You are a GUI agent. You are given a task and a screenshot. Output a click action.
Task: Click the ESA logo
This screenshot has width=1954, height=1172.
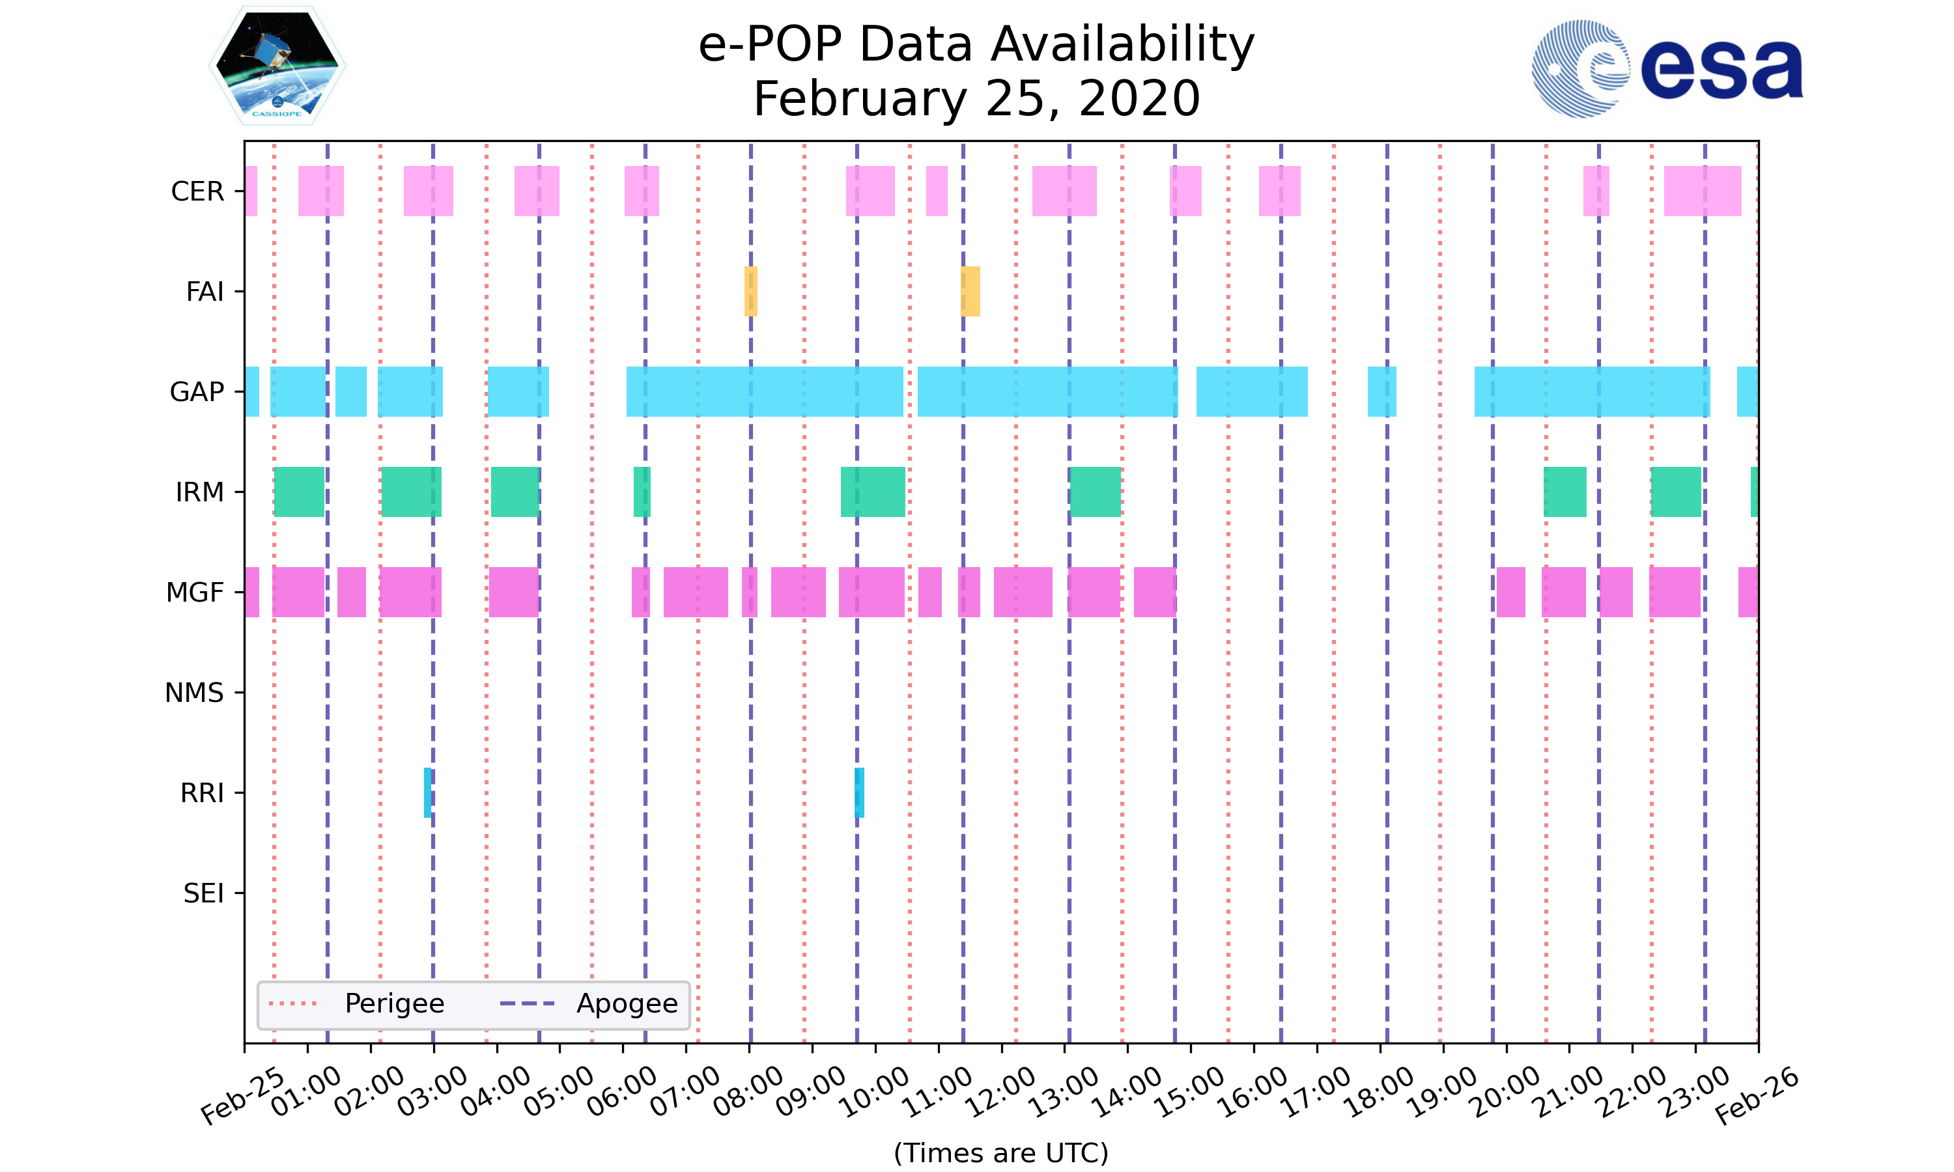(x=1667, y=69)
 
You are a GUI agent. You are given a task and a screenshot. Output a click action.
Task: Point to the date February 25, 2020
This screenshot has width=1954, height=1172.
(x=976, y=99)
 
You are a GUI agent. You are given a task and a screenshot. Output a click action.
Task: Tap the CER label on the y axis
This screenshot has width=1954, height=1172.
(x=197, y=191)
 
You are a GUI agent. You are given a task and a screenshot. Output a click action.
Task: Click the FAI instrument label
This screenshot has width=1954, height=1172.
(x=205, y=292)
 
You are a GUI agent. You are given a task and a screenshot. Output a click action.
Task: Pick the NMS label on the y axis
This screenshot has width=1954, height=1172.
(x=194, y=693)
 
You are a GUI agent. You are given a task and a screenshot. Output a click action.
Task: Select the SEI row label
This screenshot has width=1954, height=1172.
(x=203, y=893)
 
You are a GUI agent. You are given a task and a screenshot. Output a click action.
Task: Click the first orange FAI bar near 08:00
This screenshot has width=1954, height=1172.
(x=750, y=292)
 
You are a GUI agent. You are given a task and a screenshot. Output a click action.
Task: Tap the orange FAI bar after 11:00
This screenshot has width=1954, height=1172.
(x=970, y=292)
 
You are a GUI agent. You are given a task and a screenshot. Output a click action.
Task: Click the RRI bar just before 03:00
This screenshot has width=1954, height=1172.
(x=427, y=792)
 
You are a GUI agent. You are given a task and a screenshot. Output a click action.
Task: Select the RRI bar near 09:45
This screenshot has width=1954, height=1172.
(x=859, y=792)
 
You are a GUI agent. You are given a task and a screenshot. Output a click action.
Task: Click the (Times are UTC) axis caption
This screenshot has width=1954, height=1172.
(x=1000, y=1153)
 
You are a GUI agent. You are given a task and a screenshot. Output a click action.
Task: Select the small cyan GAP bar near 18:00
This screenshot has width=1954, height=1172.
(x=1381, y=392)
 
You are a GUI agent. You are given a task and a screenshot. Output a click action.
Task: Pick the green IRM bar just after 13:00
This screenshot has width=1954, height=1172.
(x=1095, y=492)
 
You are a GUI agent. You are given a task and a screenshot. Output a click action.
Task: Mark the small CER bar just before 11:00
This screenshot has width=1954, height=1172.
(x=936, y=191)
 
